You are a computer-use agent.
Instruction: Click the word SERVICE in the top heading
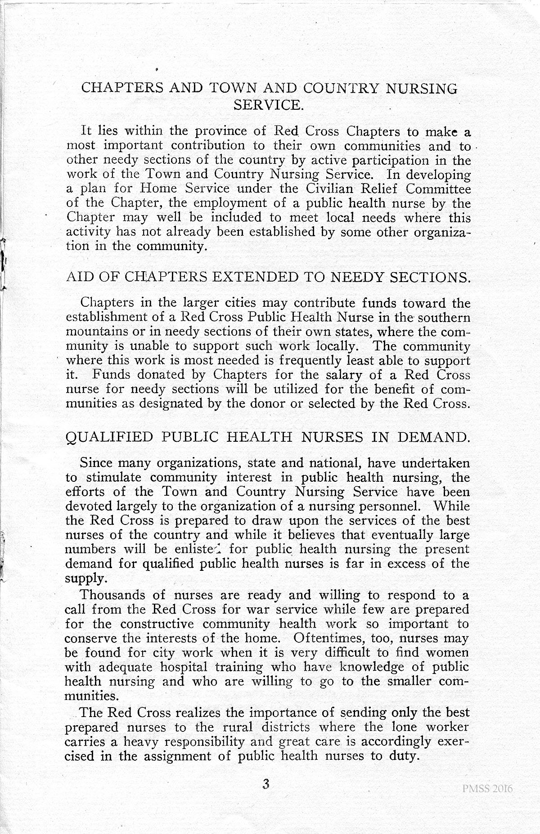pyautogui.click(x=269, y=105)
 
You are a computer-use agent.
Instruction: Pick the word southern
pyautogui.click(x=444, y=318)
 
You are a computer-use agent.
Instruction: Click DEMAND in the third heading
pyautogui.click(x=436, y=437)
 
